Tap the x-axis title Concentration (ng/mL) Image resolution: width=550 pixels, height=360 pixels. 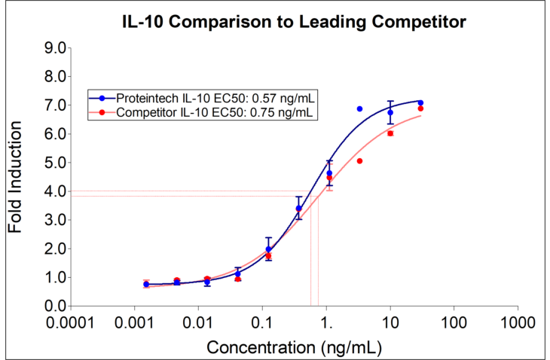tap(294, 347)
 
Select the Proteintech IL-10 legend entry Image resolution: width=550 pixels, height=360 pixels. tap(204, 99)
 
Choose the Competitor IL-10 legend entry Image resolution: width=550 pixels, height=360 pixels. tap(204, 113)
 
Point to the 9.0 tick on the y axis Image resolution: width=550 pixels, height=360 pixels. tap(56, 48)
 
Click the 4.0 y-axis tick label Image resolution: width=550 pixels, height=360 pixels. tap(56, 191)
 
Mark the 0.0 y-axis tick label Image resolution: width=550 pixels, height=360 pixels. tap(56, 306)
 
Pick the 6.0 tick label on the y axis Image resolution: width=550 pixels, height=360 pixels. tap(56, 134)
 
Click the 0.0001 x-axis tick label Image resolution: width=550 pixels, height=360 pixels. tap(71, 322)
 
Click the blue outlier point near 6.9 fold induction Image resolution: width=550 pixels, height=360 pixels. tap(359, 109)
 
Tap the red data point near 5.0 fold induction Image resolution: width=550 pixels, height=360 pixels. tap(359, 161)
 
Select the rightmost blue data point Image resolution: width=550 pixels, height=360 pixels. tap(420, 102)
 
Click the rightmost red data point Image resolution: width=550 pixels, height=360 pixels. tap(420, 109)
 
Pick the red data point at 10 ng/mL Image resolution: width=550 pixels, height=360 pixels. tap(390, 133)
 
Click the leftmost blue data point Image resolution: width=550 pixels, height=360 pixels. tap(146, 285)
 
